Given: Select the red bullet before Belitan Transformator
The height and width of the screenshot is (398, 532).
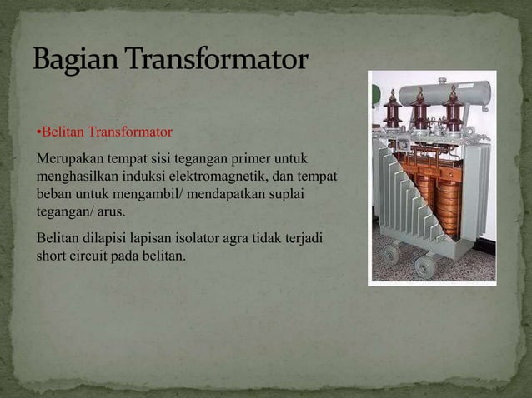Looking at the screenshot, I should pos(38,132).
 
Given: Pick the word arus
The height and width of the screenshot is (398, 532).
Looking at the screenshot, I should pos(108,211).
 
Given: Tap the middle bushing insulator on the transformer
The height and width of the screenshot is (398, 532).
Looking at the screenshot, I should pos(421,109).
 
